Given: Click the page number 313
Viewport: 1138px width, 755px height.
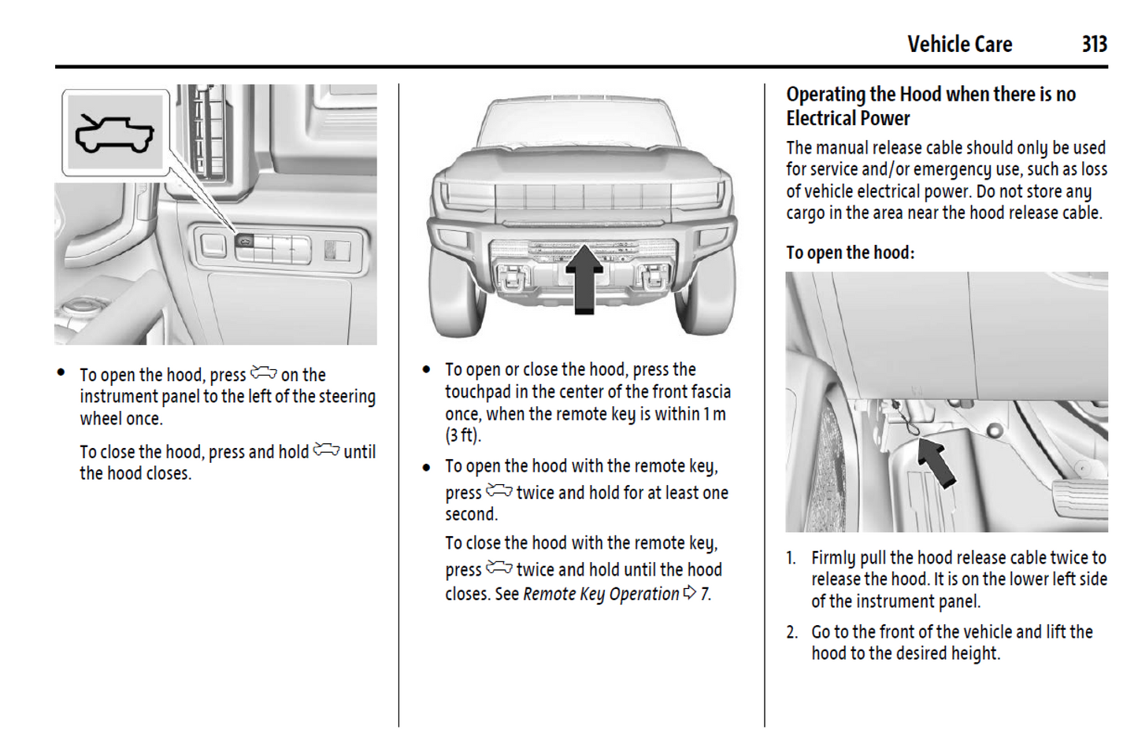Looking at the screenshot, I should tap(1094, 44).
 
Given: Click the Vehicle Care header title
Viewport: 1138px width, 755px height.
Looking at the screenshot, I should tap(959, 44).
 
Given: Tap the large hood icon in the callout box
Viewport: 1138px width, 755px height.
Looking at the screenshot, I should tap(115, 133).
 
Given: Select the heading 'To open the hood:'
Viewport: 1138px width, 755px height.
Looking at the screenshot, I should tap(850, 253).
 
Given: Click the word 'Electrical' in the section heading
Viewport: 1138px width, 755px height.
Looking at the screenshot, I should tap(824, 119).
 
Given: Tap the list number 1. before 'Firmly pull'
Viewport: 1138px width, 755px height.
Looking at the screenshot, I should tap(791, 558).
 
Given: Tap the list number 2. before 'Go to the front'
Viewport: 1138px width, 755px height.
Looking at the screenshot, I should tap(791, 632).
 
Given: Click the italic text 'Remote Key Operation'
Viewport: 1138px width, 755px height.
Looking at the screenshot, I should tap(600, 594).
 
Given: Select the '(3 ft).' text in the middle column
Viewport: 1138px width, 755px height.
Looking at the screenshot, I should tap(462, 435).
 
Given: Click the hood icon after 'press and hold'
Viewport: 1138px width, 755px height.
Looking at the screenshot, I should tap(326, 450).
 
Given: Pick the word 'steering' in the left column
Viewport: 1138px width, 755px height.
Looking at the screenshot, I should tap(347, 397).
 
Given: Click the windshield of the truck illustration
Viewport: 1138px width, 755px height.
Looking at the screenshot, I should tap(577, 124).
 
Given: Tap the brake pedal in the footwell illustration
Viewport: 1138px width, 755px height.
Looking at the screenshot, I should tap(1081, 497).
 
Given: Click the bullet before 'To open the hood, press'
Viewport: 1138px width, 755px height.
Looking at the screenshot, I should tap(61, 373).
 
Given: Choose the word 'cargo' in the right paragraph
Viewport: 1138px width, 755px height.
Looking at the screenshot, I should tap(805, 213).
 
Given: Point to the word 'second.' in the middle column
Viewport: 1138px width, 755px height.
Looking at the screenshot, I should tap(471, 515).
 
